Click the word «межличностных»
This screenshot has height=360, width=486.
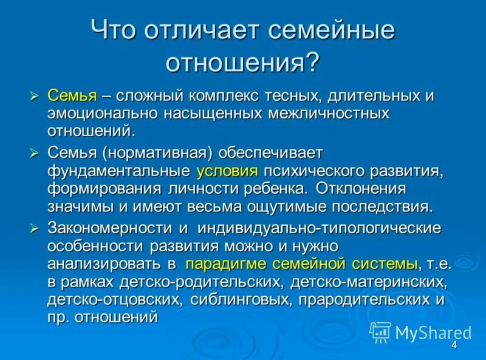(x=329, y=113)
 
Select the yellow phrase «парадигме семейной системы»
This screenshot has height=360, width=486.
(x=301, y=263)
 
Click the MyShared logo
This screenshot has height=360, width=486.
(x=420, y=332)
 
